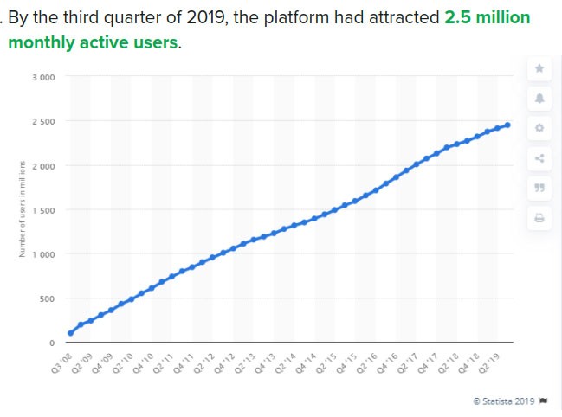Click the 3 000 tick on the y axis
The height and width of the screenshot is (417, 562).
44,77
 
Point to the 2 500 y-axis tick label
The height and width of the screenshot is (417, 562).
44,121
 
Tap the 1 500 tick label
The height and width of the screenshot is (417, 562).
44,210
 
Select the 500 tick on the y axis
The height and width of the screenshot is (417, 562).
48,298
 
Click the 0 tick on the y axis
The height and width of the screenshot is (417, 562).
52,343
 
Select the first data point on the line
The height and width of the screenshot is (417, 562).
70,333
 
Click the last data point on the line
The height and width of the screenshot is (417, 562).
507,125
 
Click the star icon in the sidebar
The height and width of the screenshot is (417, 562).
539,68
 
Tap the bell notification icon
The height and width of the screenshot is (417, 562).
539,99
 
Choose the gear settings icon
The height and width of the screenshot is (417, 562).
539,128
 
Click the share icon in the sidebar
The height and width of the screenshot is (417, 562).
539,157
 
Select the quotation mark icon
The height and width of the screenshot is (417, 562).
539,188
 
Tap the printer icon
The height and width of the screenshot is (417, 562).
539,218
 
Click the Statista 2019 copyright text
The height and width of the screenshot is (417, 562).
504,401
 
